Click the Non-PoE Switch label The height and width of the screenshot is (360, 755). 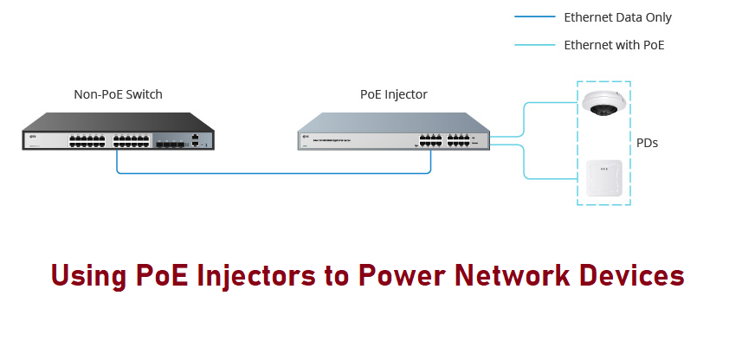119,94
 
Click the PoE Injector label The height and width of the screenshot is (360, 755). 393,94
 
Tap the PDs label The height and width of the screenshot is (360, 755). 647,143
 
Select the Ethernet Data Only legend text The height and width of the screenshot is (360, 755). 617,17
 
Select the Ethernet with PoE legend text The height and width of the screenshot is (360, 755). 614,45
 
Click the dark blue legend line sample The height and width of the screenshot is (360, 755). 533,17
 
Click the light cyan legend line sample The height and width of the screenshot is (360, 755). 533,45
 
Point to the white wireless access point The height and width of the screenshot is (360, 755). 603,179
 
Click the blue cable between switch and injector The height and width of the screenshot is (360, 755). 274,173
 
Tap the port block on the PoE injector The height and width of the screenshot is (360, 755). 443,138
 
